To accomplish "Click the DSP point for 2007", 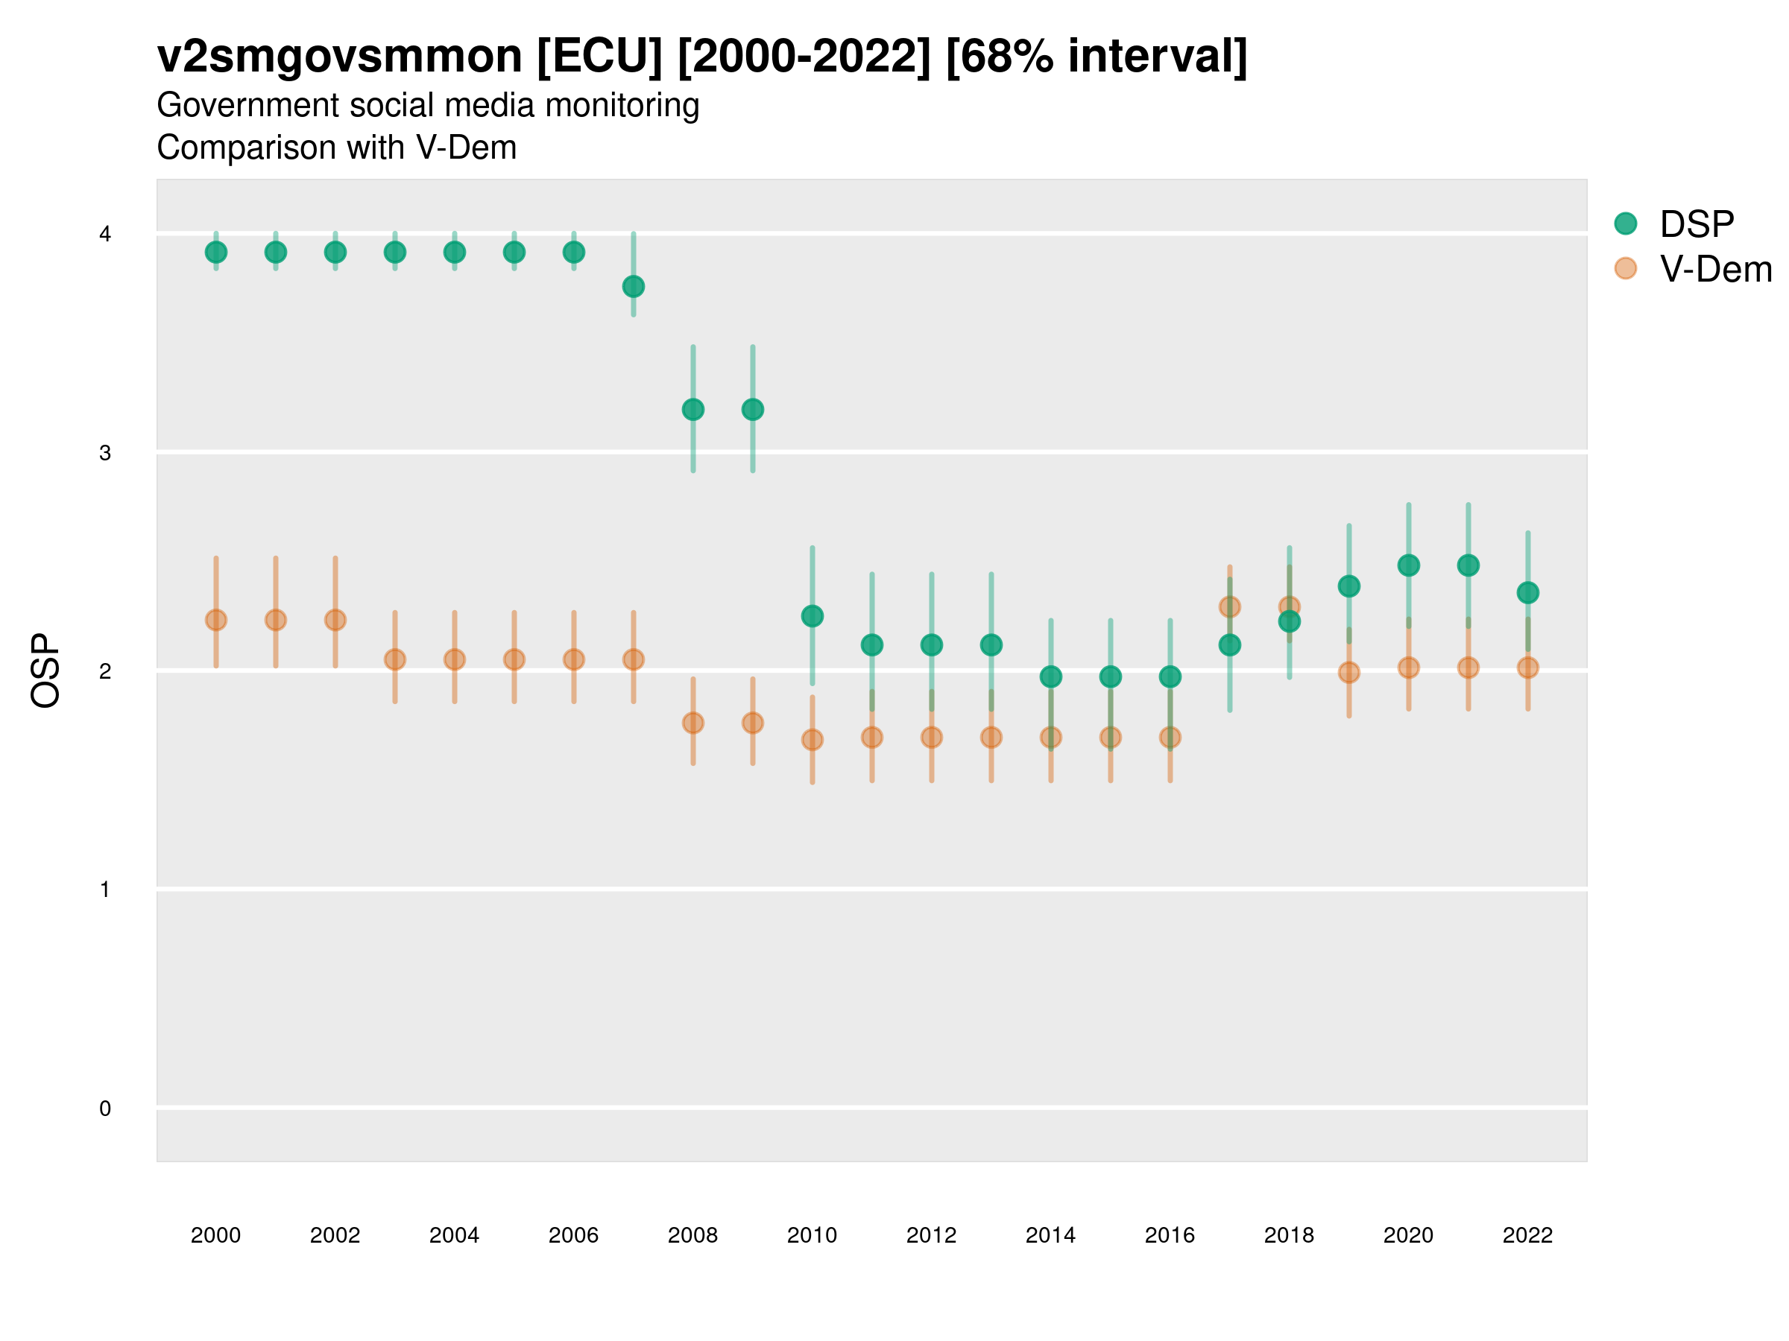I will point(634,286).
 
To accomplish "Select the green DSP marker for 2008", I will point(693,410).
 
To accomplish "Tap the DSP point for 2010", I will point(812,616).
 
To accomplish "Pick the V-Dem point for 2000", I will point(216,620).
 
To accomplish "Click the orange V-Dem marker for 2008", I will point(693,723).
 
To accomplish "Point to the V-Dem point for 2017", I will point(1229,607).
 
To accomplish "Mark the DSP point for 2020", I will point(1408,565).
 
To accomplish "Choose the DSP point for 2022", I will point(1528,592).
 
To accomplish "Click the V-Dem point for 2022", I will point(1528,668).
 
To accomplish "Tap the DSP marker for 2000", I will point(216,253).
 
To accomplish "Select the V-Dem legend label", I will point(1715,269).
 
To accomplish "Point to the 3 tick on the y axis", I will point(105,453).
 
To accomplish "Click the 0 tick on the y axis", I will point(105,1109).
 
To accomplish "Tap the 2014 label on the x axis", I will point(1050,1235).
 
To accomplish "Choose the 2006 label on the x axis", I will point(573,1235).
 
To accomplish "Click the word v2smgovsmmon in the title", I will point(340,56).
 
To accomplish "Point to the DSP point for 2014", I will point(1050,676).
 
